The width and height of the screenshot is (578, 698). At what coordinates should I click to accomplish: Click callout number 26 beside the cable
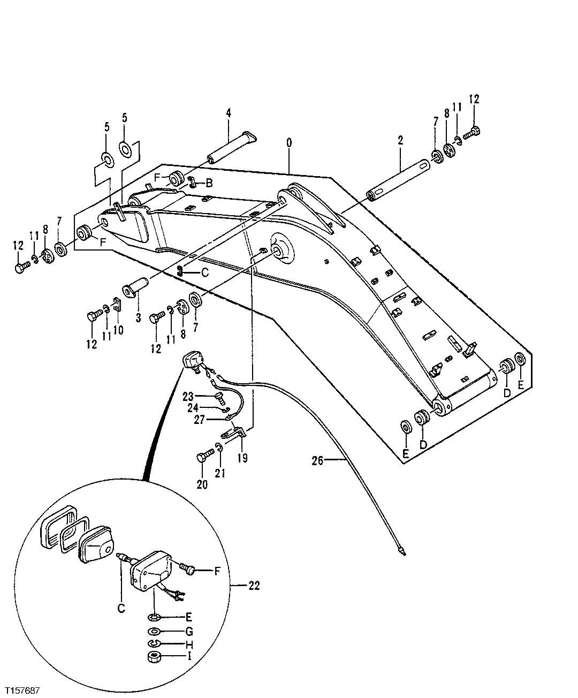pos(318,460)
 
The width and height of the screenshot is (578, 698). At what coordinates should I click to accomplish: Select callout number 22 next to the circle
pos(254,586)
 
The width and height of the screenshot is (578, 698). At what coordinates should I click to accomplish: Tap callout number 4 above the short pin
pos(229,113)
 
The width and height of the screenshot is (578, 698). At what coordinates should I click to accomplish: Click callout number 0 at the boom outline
pos(289,143)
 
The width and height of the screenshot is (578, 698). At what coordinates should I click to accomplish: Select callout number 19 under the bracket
pos(242,458)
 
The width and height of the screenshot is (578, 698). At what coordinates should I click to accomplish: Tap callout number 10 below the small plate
pos(118,330)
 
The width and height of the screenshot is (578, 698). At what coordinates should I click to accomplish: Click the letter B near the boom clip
pos(209,184)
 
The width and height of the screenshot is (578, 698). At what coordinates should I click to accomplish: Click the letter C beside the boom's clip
pos(204,272)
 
